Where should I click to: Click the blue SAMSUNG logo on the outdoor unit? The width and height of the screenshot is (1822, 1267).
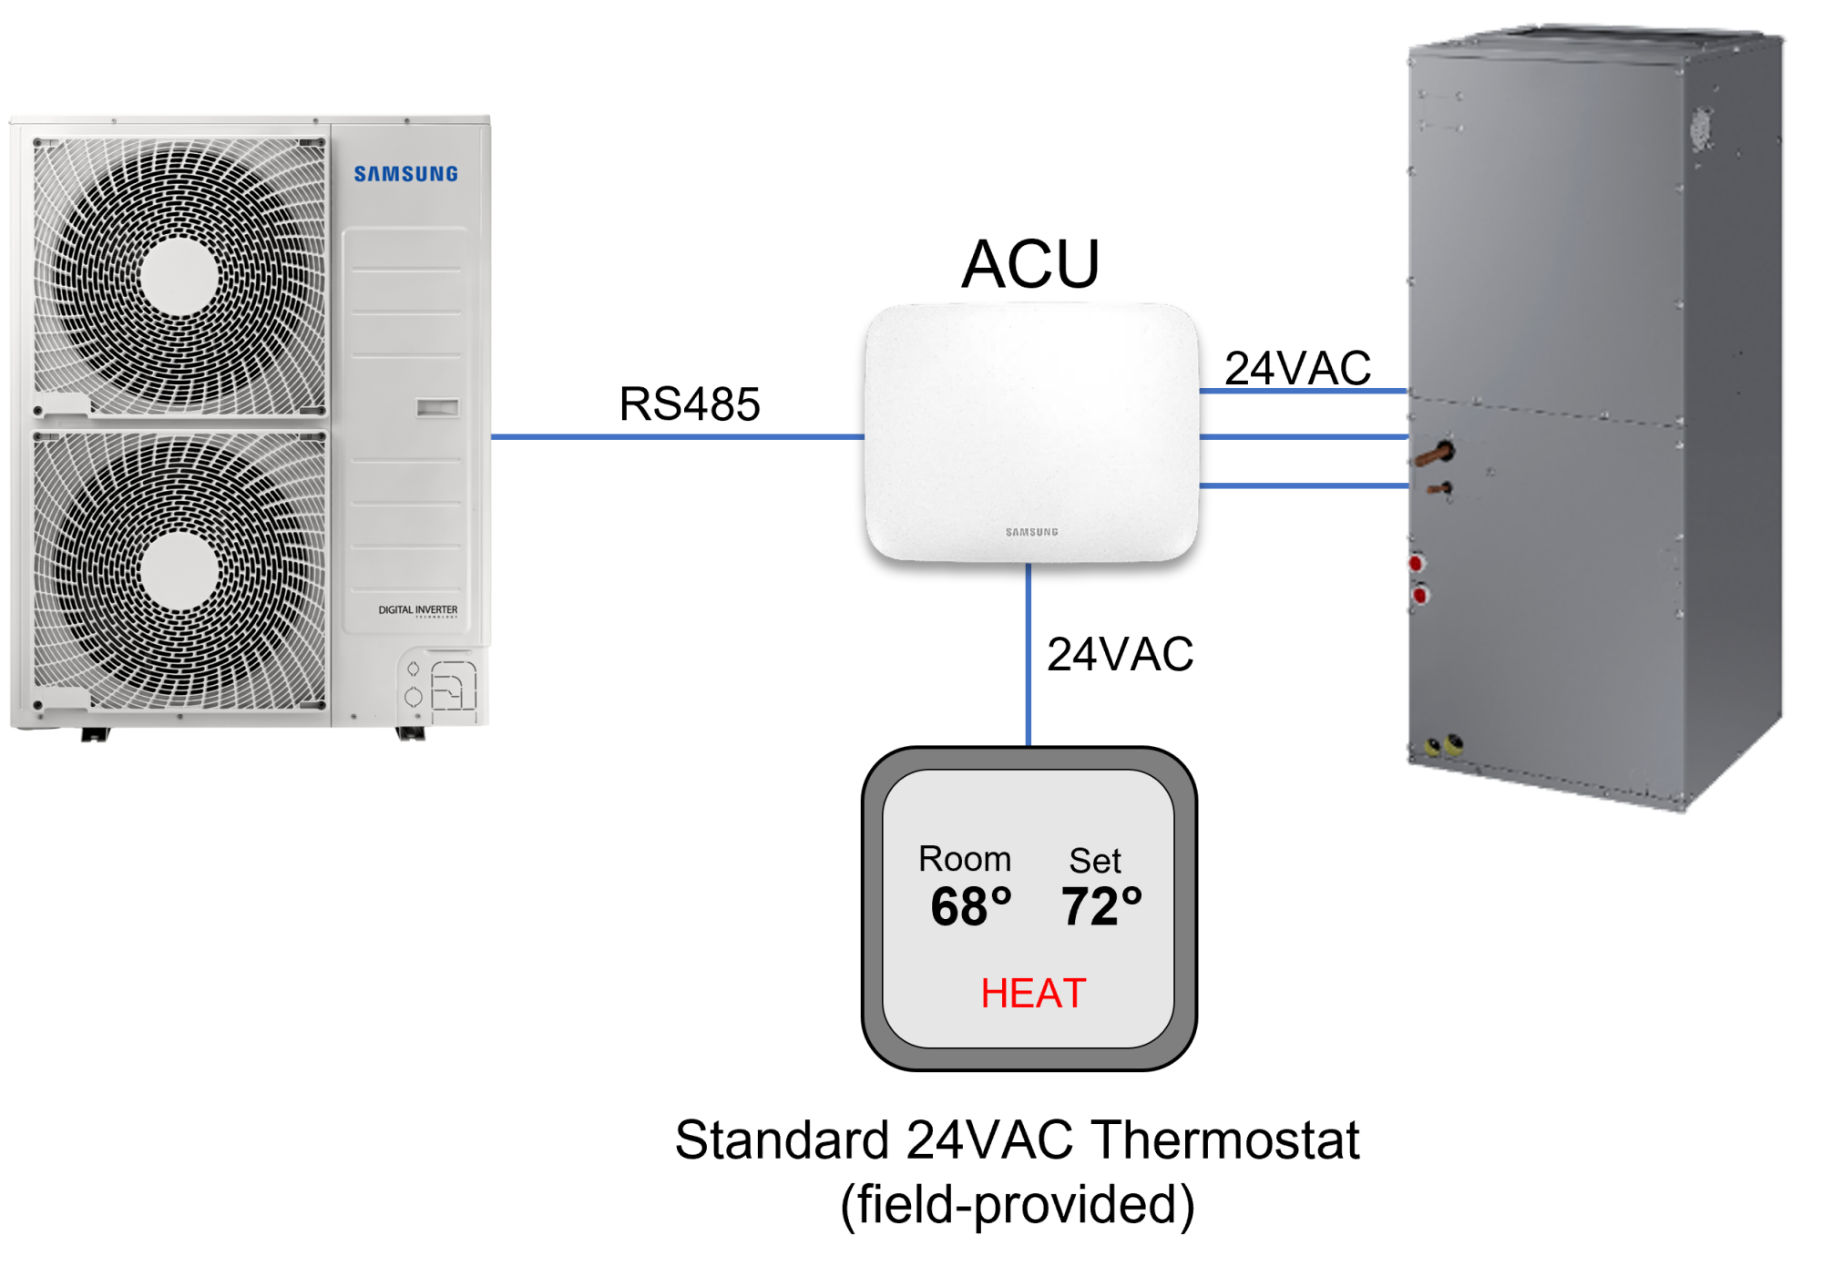pos(405,174)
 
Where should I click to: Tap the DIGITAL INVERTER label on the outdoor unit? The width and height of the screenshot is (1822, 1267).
pos(418,609)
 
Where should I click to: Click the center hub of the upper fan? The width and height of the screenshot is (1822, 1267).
pos(179,276)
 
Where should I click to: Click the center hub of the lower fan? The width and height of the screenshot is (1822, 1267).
pos(179,571)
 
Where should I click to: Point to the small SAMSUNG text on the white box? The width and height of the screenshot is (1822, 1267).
pos(1031,532)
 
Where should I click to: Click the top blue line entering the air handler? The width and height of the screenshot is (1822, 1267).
pos(1303,392)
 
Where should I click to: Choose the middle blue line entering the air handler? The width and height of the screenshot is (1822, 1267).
pos(1303,437)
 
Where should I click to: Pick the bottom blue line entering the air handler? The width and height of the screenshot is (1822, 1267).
pos(1303,486)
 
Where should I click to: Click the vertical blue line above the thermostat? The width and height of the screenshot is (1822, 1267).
pos(1029,656)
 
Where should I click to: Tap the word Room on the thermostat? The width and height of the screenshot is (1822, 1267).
pos(965,859)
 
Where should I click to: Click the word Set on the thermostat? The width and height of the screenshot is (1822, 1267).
pos(1095,861)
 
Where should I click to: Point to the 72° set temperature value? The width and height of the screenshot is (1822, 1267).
pos(1101,907)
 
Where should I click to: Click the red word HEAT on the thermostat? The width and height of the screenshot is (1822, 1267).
pos(1033,993)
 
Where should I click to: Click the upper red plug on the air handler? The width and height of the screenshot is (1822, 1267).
pos(1417,563)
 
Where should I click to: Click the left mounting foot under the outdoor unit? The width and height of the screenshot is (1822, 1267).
pos(93,735)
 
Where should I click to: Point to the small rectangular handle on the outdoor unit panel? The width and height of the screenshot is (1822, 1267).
pos(437,407)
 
